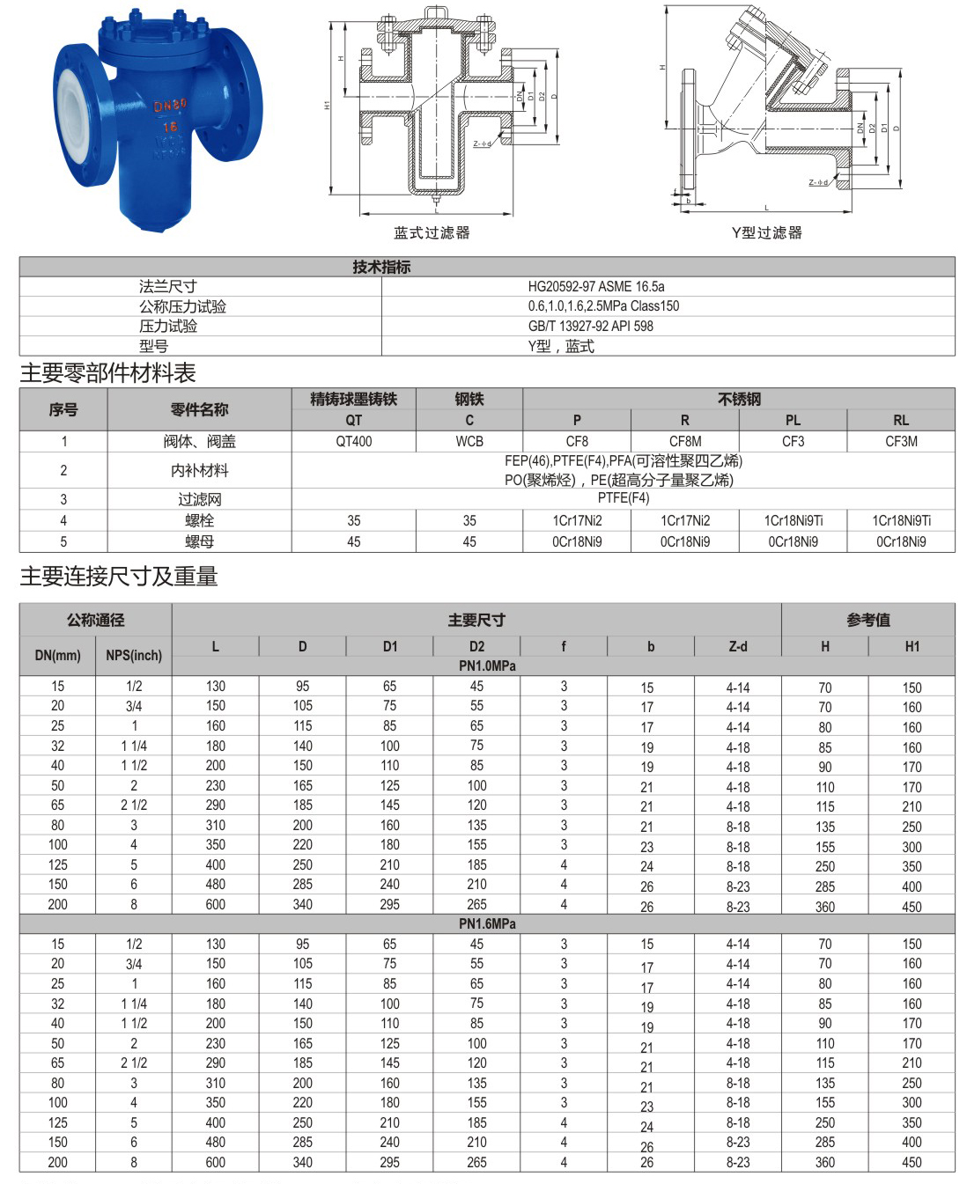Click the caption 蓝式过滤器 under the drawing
[432, 232]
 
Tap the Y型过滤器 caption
[767, 232]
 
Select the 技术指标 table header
[381, 267]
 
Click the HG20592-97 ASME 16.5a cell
[596, 286]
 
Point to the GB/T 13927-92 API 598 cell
[591, 326]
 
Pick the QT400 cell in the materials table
[353, 441]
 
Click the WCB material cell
[469, 441]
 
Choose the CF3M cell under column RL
[901, 441]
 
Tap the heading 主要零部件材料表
[107, 373]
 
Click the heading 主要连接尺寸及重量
[119, 577]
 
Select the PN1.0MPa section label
[487, 666]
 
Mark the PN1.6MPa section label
[487, 923]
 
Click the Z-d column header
[738, 646]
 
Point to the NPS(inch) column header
[134, 655]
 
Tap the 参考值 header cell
[868, 620]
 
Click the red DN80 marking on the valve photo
[170, 107]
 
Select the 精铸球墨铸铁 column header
[353, 399]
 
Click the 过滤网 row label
[199, 499]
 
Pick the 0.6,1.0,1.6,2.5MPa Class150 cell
[603, 305]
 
